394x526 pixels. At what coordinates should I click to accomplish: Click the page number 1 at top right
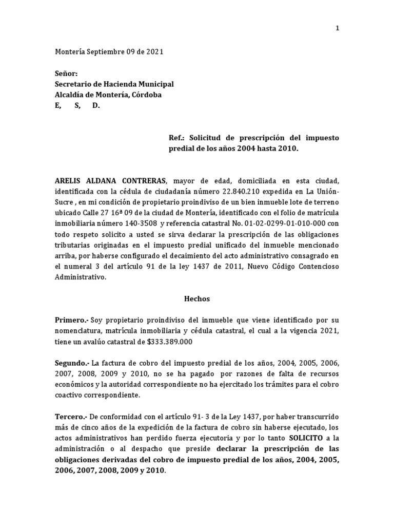coord(337,28)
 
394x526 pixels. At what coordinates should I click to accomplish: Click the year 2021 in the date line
coord(154,52)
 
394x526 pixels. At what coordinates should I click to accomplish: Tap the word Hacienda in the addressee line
coord(122,84)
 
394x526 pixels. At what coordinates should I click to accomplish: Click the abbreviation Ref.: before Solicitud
coord(178,138)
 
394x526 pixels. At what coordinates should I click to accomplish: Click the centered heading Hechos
coord(197,298)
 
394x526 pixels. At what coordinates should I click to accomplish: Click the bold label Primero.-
coord(72,320)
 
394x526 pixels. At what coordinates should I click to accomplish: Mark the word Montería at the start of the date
coord(70,52)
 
